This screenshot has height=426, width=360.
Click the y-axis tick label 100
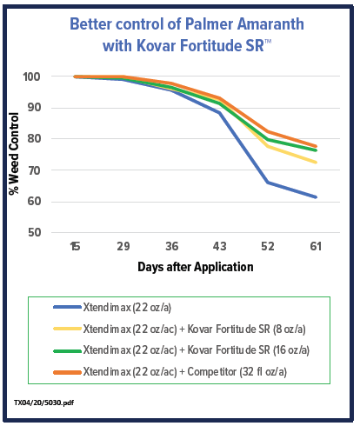[31, 77]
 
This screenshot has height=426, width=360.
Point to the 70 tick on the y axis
[34, 170]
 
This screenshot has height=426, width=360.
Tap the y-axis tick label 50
[34, 233]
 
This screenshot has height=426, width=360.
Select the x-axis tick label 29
[123, 246]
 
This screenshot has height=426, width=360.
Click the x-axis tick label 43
[219, 246]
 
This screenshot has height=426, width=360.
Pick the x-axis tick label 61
[316, 246]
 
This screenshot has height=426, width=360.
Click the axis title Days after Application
[196, 267]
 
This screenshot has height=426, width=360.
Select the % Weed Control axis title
[14, 154]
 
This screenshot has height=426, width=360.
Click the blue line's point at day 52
[268, 183]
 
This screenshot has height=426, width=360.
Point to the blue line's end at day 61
[316, 197]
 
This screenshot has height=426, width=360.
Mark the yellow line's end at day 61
[316, 163]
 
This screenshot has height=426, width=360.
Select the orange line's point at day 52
[268, 131]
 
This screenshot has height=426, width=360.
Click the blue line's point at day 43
[219, 113]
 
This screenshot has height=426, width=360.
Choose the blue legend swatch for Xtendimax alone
[67, 307]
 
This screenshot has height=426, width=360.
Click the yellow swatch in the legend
[67, 329]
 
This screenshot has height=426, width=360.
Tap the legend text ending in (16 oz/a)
[197, 350]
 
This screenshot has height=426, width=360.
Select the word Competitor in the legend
[212, 372]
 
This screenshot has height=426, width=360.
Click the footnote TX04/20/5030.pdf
[44, 403]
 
